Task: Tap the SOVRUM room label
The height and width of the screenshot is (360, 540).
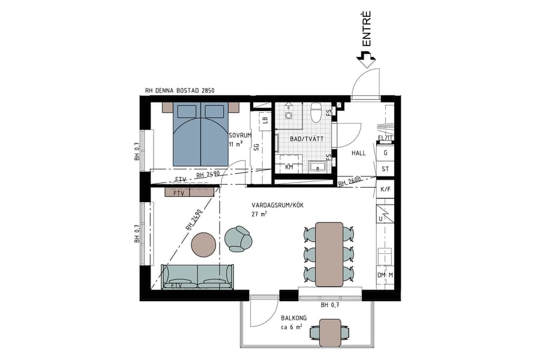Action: pos(236,135)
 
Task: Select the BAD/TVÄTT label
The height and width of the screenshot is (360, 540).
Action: pos(306,139)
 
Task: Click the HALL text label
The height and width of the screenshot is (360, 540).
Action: pos(358,153)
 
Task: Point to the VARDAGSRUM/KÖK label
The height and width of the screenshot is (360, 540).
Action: pos(278,205)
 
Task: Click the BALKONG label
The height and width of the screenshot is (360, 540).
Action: pos(294,318)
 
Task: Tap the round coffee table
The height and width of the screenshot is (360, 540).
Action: pos(205,244)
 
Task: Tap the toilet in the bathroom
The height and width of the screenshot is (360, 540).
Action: pos(316,113)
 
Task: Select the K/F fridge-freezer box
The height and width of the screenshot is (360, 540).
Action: pos(385,189)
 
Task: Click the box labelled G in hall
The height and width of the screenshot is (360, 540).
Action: pos(385,153)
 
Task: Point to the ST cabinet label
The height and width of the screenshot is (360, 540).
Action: pos(385,169)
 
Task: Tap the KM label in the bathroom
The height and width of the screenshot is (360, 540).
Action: pos(289,167)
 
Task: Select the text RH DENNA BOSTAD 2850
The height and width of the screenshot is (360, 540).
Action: pos(180,91)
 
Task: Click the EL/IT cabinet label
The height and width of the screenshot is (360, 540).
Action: pos(385,138)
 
